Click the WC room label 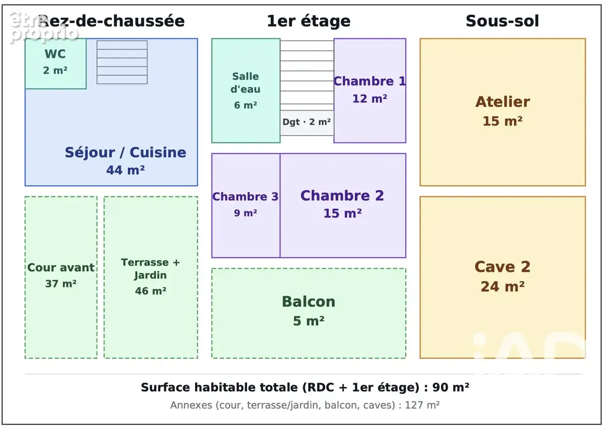(x=55, y=53)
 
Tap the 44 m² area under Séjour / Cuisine (x=126, y=170)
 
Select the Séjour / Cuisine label (x=125, y=152)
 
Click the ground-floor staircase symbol (x=122, y=62)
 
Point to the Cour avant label (x=60, y=267)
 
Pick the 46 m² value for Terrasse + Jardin (x=151, y=291)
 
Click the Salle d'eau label (x=246, y=83)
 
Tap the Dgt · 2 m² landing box (x=307, y=123)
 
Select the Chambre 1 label (x=370, y=81)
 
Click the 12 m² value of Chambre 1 (x=370, y=98)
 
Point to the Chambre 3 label (x=246, y=196)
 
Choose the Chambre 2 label (x=342, y=196)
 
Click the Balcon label (x=309, y=302)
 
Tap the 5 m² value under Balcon (x=309, y=321)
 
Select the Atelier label (x=502, y=102)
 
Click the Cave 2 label (x=502, y=267)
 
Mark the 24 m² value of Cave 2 (x=502, y=287)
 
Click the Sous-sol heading (x=502, y=21)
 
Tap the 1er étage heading (x=309, y=21)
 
